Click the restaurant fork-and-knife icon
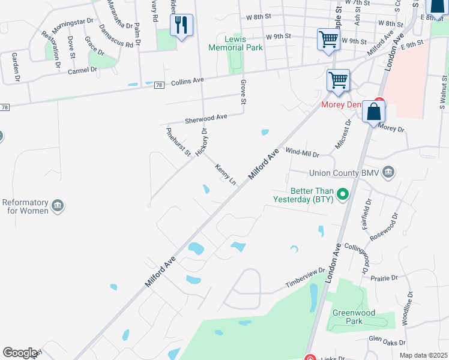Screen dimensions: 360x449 (x=181, y=25)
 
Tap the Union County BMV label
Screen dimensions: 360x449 (x=345, y=173)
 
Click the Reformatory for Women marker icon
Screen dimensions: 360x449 (x=58, y=206)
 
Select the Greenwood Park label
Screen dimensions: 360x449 (x=355, y=317)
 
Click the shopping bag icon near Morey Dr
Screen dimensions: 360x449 (x=373, y=112)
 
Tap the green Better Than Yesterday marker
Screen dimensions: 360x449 (x=343, y=194)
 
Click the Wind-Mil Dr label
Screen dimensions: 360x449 (x=302, y=153)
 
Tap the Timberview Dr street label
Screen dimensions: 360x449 (x=305, y=279)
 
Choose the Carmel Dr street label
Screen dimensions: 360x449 (x=82, y=70)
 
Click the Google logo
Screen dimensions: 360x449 (x=20, y=353)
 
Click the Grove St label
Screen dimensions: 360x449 (x=243, y=91)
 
